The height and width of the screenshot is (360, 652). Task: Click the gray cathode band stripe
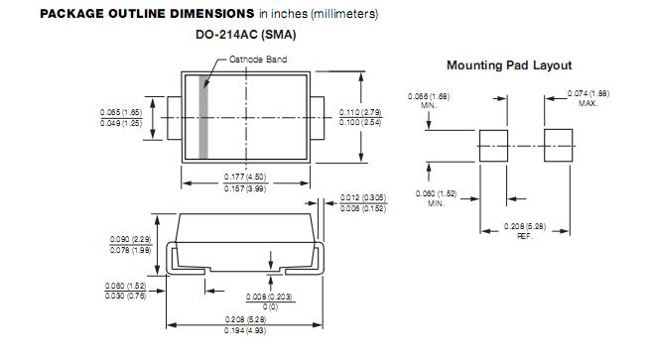coord(203,117)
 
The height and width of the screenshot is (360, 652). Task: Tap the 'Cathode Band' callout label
coord(258,60)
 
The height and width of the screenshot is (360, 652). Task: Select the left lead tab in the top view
coord(175,118)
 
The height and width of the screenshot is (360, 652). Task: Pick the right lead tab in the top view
coord(318,118)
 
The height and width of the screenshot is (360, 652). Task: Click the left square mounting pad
coord(493,146)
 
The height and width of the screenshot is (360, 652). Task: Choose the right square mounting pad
coord(559,146)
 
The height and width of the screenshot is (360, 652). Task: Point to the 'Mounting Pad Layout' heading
coord(509,65)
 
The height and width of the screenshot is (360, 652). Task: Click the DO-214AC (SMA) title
coord(246,35)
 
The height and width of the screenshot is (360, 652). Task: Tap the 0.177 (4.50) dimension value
coord(245,177)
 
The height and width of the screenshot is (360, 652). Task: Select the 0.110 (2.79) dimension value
coord(360,112)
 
